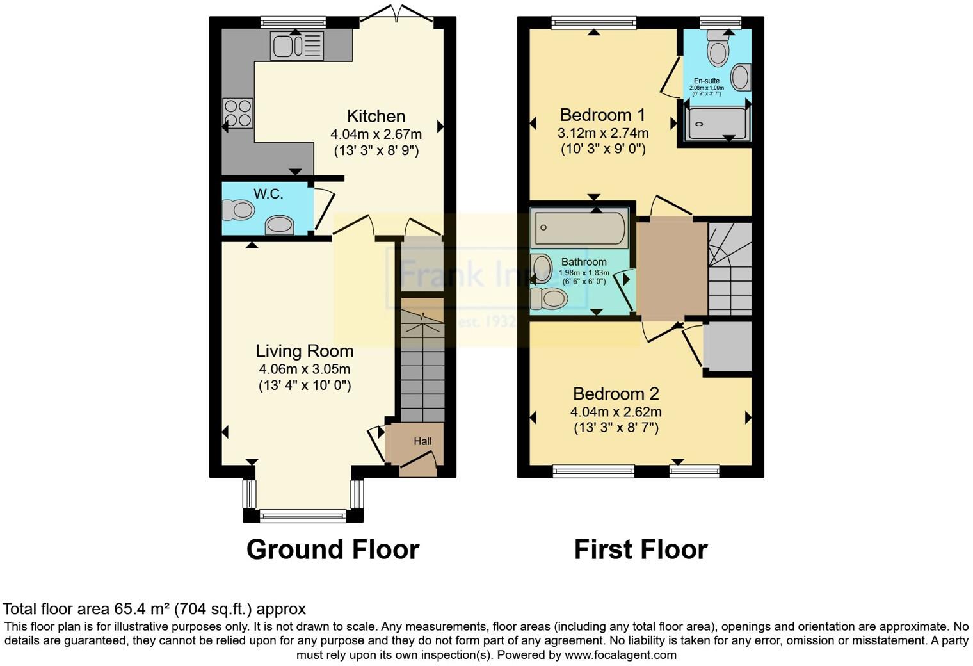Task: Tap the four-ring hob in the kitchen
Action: coord(237,113)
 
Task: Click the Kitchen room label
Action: coord(376,116)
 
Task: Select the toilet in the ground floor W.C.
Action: coord(239,209)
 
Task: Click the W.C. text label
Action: coord(268,193)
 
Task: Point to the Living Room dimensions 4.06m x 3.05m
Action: coord(304,369)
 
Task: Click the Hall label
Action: coord(422,441)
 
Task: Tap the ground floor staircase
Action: coord(422,371)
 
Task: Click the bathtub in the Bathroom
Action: coord(579,229)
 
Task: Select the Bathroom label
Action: coord(584,262)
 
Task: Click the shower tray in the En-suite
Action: coord(716,123)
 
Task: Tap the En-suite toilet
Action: coord(718,49)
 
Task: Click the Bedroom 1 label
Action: coord(602,115)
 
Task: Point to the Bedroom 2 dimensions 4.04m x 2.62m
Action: coord(616,412)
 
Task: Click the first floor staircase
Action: coord(729,269)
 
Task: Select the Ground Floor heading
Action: coord(332,549)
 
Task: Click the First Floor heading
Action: coord(640,549)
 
